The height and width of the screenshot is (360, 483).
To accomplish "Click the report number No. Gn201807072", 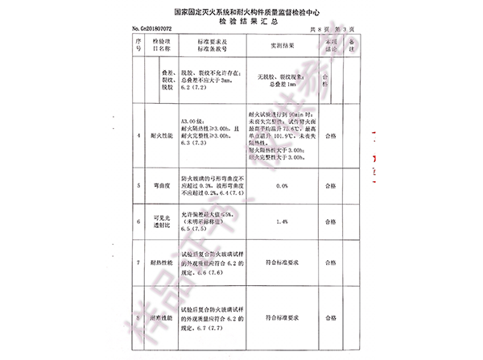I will coord(153,30).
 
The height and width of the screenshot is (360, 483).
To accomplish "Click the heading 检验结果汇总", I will coord(241,23).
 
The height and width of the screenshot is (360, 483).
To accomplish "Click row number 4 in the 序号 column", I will coord(139,137).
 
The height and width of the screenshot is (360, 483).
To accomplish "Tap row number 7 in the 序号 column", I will coord(139,263).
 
